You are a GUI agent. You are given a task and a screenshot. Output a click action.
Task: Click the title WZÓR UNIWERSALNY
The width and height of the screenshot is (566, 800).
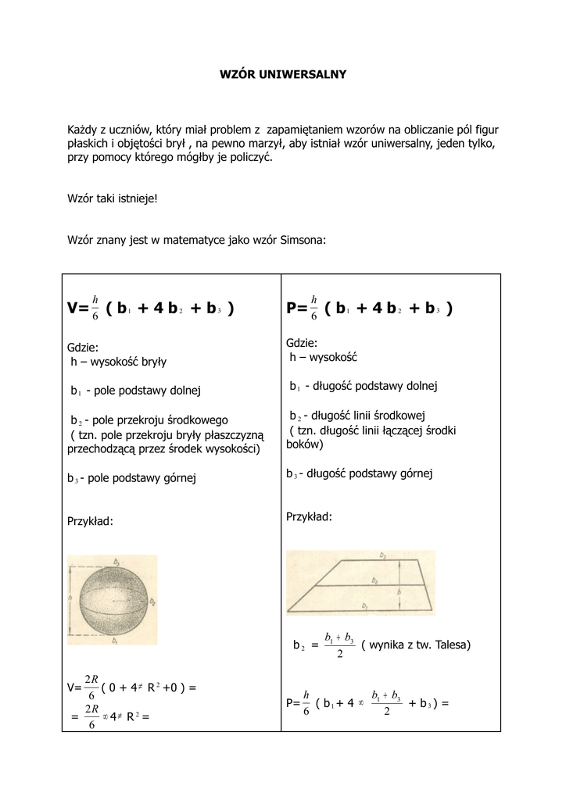(x=282, y=75)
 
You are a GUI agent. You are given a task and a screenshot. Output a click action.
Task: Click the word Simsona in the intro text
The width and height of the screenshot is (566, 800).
(x=303, y=241)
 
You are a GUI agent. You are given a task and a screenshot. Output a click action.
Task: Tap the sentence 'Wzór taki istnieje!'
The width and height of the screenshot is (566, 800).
(x=113, y=198)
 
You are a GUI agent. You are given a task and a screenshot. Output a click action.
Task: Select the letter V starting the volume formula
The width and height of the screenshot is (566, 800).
(x=73, y=309)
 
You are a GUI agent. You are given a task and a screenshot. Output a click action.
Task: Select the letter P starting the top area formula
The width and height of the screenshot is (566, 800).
(x=292, y=309)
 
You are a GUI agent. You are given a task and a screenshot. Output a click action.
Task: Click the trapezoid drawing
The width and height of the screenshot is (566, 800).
(x=360, y=583)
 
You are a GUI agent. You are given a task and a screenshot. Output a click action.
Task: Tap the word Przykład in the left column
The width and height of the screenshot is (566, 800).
(x=90, y=521)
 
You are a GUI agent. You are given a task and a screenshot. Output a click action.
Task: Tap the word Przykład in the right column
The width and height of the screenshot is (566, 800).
(x=309, y=516)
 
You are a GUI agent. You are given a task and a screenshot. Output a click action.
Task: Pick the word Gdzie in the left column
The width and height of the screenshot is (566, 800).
(x=82, y=347)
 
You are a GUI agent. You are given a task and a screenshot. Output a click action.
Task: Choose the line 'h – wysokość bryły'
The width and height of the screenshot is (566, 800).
(x=118, y=362)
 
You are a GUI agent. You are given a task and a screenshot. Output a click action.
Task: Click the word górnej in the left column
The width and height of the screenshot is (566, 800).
(x=177, y=477)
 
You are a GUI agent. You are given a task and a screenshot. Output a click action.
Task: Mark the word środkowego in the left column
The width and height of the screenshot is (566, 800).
(x=199, y=420)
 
